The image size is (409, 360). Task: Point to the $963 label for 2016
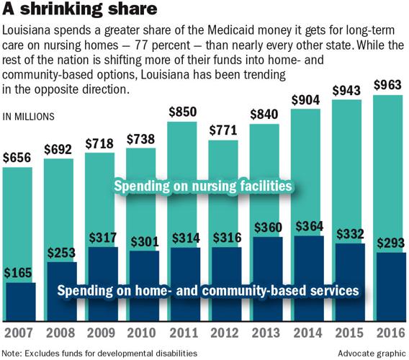pyautogui.click(x=388, y=85)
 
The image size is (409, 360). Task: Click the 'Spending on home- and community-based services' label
pyautogui.click(x=207, y=291)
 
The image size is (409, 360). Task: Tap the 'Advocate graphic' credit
pyautogui.click(x=371, y=353)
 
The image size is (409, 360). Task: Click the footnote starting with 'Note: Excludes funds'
pyautogui.click(x=100, y=353)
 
